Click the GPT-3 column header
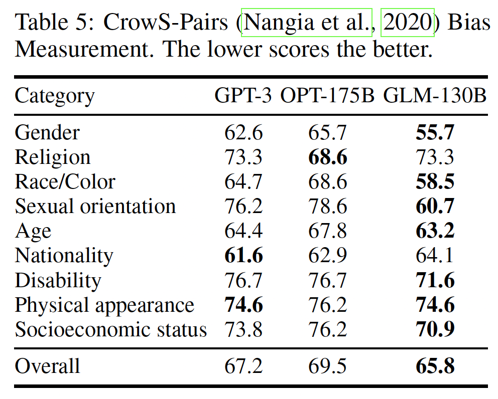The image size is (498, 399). (x=243, y=96)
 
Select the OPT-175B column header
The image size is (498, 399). (x=327, y=96)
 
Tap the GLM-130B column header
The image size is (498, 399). (x=435, y=96)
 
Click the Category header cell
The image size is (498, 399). (x=54, y=96)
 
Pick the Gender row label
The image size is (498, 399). (x=47, y=132)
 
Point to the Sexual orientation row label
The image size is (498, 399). (x=95, y=206)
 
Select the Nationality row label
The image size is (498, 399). (x=64, y=256)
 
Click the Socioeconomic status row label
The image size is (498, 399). (x=110, y=330)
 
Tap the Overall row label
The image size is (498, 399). (x=47, y=366)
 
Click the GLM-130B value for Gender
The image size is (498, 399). (x=435, y=132)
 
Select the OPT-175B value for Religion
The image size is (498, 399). (x=327, y=157)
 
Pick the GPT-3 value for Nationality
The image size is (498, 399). (x=243, y=256)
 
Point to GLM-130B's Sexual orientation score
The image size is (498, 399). (x=435, y=206)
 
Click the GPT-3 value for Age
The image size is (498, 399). (x=243, y=231)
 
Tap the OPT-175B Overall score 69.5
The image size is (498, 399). (x=327, y=366)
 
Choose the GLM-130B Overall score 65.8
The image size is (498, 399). (x=435, y=366)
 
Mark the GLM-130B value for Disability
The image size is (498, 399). (x=435, y=280)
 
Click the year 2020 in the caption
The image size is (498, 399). (x=407, y=23)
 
